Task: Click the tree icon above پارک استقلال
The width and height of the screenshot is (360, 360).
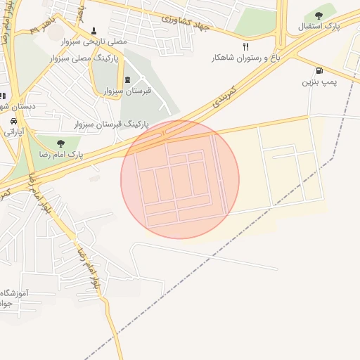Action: [319, 15]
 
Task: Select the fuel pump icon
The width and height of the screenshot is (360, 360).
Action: [321, 70]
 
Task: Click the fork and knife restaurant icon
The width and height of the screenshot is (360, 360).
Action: [245, 46]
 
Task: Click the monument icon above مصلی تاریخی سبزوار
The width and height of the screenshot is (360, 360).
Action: [94, 31]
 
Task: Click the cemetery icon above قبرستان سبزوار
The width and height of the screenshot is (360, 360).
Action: [127, 79]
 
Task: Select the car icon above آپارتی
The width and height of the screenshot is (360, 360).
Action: [13, 121]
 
